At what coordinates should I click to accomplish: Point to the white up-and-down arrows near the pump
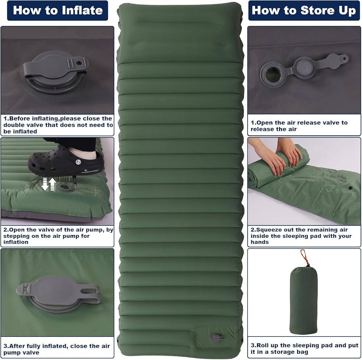click(x=49, y=184)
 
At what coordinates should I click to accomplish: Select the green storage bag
click(x=303, y=300)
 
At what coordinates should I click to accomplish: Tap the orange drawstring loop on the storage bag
click(x=304, y=258)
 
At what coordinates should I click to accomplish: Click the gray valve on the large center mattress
click(x=217, y=339)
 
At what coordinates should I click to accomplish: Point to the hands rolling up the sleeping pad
click(x=277, y=157)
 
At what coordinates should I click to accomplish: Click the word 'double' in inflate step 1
click(x=14, y=125)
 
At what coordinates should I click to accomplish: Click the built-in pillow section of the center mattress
click(x=180, y=35)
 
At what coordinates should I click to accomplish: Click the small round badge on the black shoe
click(x=78, y=162)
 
